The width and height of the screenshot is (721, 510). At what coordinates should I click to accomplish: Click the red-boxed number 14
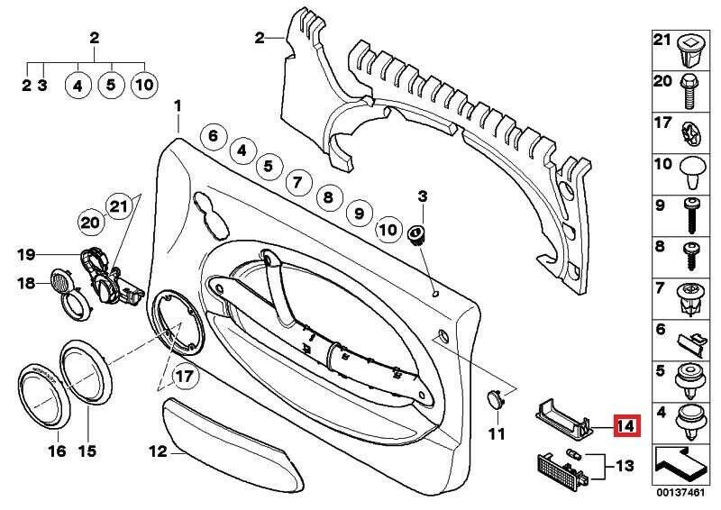pyautogui.click(x=625, y=426)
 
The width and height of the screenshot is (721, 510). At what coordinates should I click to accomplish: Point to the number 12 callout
pyautogui.click(x=158, y=453)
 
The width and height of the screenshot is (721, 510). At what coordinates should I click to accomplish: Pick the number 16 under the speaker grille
pyautogui.click(x=56, y=450)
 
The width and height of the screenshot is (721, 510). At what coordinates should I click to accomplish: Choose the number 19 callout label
pyautogui.click(x=27, y=254)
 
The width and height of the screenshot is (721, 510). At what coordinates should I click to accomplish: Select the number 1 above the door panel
pyautogui.click(x=178, y=106)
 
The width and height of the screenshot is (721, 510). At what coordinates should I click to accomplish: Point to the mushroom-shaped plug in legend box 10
pyautogui.click(x=689, y=168)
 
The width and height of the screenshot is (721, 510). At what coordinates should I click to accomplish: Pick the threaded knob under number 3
pyautogui.click(x=417, y=235)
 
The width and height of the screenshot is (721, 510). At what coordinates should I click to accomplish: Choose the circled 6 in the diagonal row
pyautogui.click(x=213, y=137)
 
